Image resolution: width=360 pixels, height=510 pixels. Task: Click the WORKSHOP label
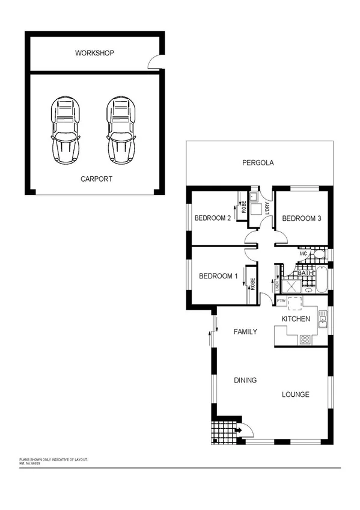[94, 54]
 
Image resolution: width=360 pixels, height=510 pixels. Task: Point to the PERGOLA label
[258, 162]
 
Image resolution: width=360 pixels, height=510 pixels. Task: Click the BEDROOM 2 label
[213, 218]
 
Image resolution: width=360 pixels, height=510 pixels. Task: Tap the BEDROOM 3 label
[302, 218]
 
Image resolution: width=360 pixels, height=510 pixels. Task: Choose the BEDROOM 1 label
[219, 277]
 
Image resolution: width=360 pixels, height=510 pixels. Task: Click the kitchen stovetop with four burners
[305, 339]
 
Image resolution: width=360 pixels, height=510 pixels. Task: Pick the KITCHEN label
[296, 319]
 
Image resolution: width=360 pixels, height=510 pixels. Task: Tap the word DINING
[245, 380]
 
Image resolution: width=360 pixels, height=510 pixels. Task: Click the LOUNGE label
[296, 395]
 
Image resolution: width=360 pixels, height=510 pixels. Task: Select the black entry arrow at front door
[239, 429]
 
